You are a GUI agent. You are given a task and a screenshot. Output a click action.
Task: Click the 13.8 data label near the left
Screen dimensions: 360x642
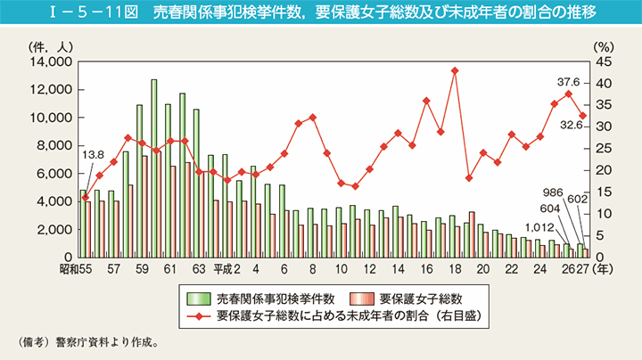coord(92,155)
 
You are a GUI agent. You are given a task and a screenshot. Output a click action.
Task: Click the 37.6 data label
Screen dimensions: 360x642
coord(567,80)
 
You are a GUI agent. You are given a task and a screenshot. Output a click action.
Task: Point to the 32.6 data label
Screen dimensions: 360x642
coord(571,127)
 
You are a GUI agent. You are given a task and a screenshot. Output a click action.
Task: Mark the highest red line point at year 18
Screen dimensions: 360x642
coord(455,70)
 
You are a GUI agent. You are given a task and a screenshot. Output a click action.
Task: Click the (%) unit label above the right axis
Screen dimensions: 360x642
coord(602,44)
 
